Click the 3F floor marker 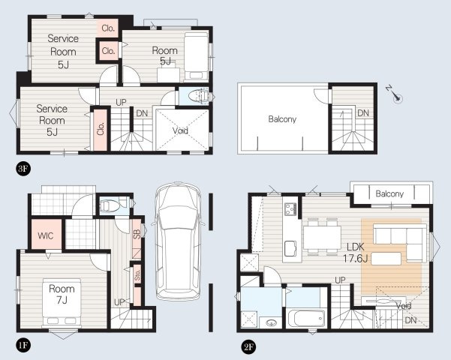click(x=23, y=169)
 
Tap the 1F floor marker click(x=23, y=345)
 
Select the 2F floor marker click(x=248, y=347)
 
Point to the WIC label click(x=46, y=235)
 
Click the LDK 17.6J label click(x=356, y=253)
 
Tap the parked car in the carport click(x=178, y=241)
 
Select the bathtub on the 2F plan click(x=307, y=318)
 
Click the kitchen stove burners click(x=290, y=209)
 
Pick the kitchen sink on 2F click(x=290, y=248)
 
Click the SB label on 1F click(x=137, y=234)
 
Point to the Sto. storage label click(x=137, y=275)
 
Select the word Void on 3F click(x=180, y=130)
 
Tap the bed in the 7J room click(x=62, y=302)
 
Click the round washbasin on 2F click(x=271, y=322)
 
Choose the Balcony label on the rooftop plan click(x=282, y=119)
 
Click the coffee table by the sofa click(x=386, y=259)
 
